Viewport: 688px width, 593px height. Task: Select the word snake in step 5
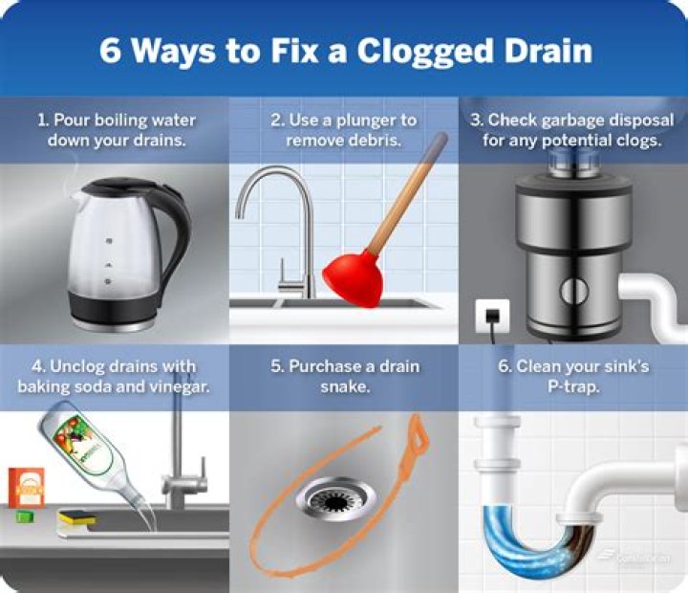pyautogui.click(x=343, y=386)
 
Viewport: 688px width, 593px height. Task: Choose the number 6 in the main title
pyautogui.click(x=112, y=51)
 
